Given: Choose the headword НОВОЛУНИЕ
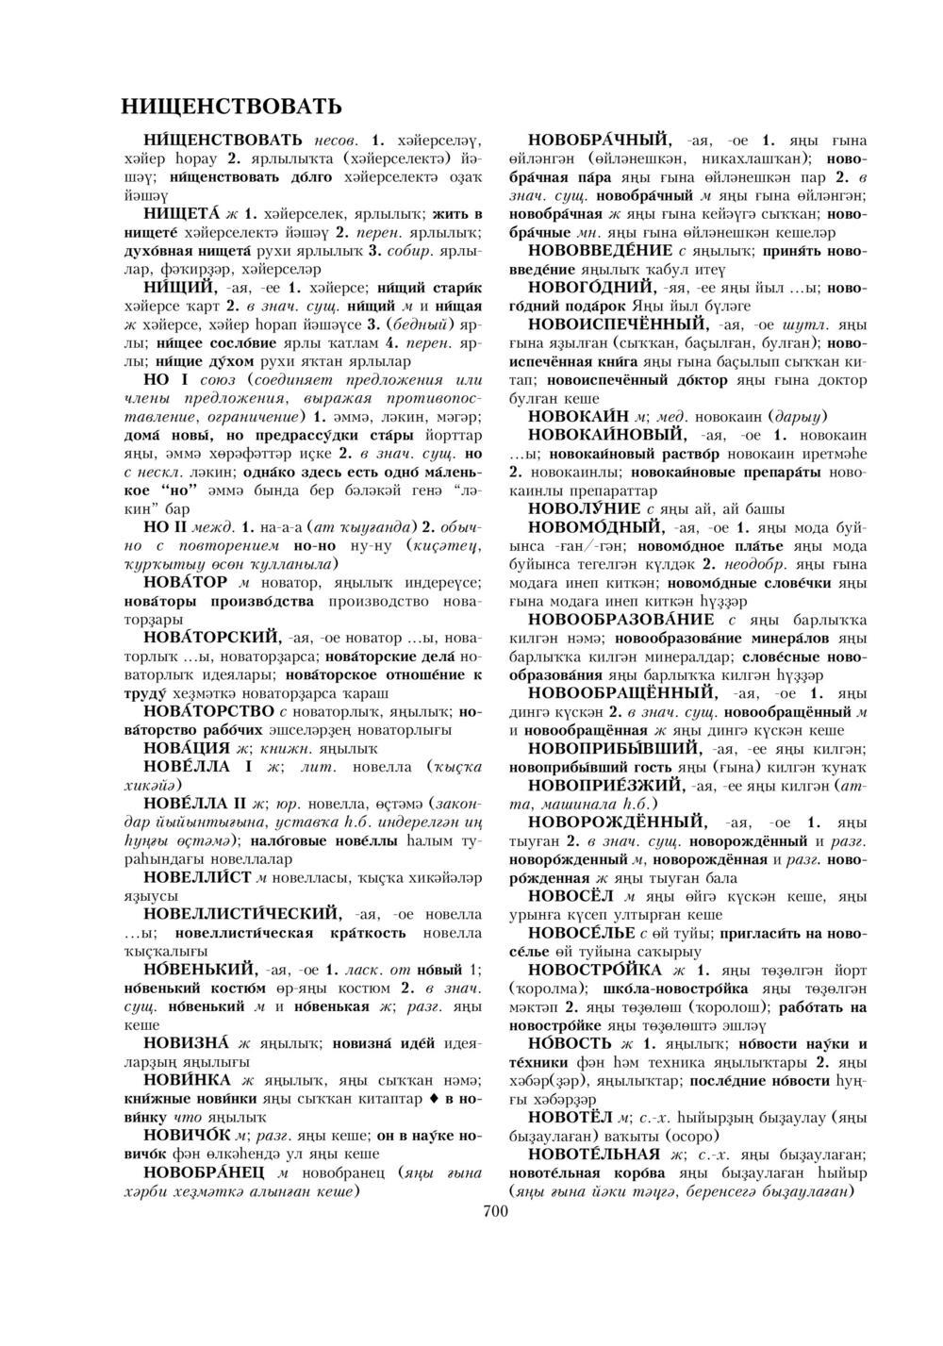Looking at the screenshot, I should (x=586, y=508).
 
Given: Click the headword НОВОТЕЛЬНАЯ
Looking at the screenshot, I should (x=593, y=1155).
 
